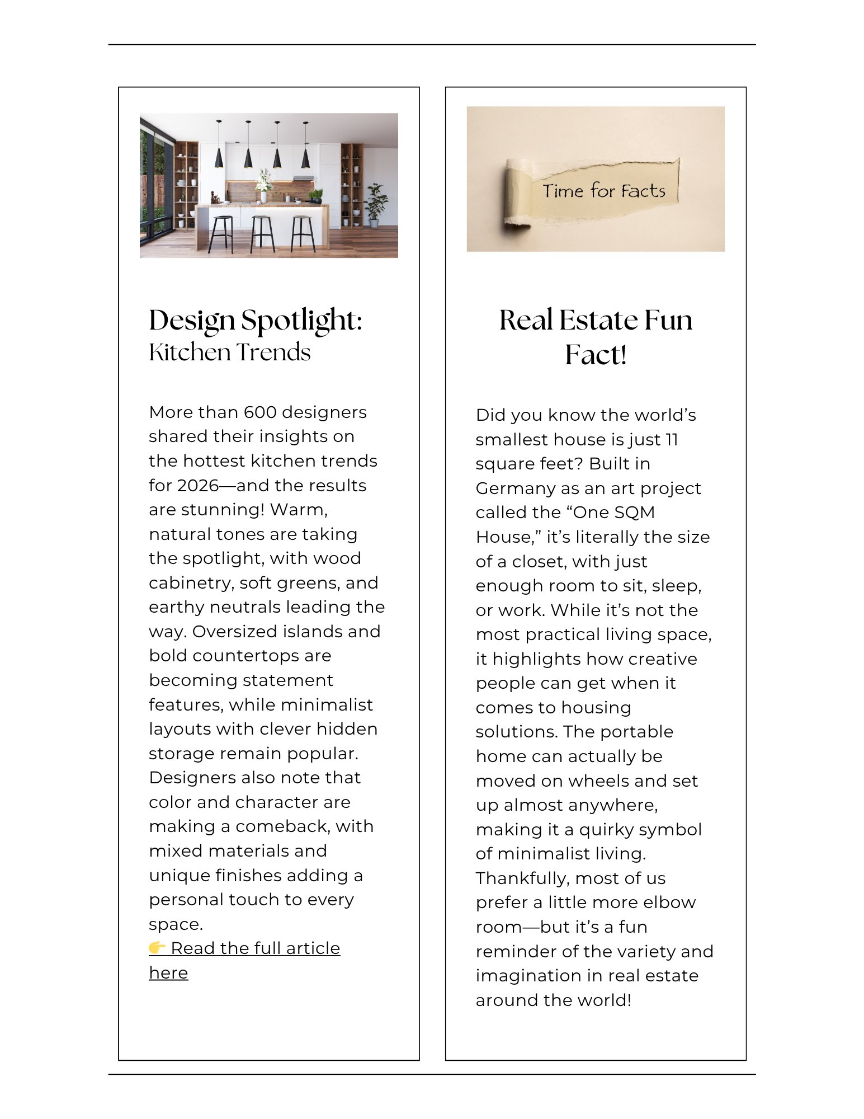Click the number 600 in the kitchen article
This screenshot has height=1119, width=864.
260,412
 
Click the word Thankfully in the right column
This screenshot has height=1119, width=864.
522,878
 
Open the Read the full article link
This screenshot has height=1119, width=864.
255,948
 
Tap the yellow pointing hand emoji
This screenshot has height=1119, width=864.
157,947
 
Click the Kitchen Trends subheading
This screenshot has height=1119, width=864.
229,352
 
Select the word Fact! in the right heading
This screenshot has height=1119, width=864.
596,355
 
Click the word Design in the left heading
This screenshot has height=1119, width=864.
192,321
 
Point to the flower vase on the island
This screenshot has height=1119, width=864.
263,187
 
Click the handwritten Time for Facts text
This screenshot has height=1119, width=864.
604,191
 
